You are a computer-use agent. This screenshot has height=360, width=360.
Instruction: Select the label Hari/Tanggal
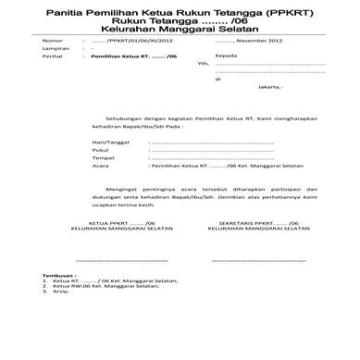[x=110, y=143]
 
